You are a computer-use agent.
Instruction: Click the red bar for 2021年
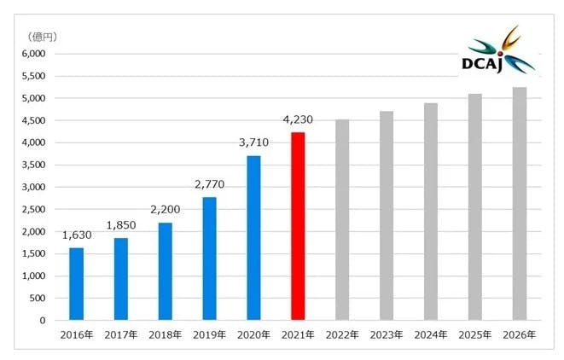point(298,226)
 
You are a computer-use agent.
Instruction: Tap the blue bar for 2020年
point(253,238)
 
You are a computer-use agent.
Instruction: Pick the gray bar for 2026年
point(520,204)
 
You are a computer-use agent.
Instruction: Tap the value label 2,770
point(209,185)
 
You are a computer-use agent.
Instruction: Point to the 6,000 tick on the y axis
point(32,54)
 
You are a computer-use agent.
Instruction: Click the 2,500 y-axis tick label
point(32,209)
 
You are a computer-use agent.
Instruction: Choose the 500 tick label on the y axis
point(37,299)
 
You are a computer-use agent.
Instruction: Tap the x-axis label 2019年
point(209,334)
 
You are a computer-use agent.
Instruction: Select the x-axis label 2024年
point(431,334)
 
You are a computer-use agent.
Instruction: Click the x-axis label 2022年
point(342,334)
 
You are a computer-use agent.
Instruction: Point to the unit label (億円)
point(42,37)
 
